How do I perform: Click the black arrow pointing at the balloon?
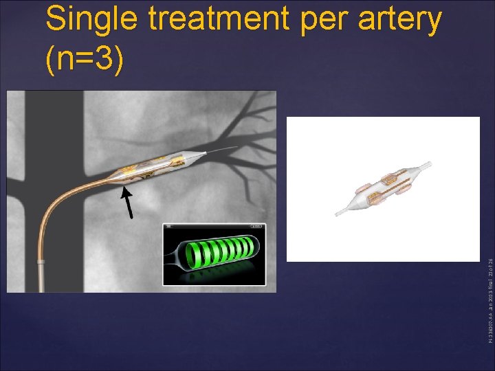pos(127,203)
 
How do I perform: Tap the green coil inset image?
pos(214,254)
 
